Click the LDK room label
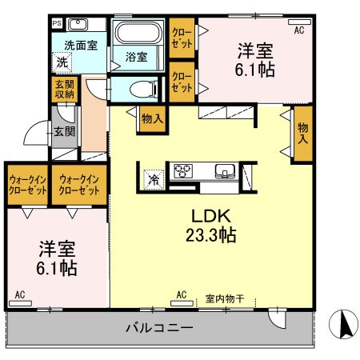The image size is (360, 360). coord(210,215)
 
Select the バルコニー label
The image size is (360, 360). coord(159,328)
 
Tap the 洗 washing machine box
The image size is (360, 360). coord(62,62)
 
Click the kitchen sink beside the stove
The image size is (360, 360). coord(224,170)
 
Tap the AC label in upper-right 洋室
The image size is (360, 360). coord(299,30)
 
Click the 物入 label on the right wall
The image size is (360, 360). coord(302,134)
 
